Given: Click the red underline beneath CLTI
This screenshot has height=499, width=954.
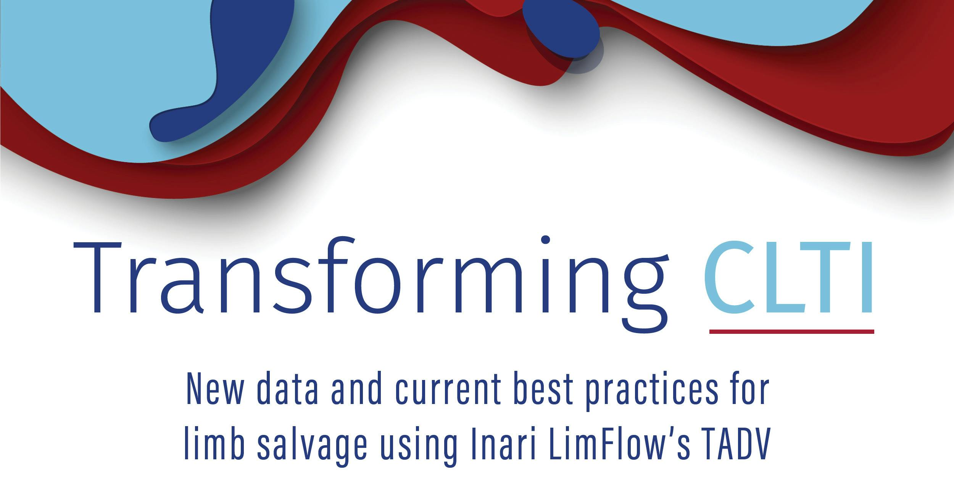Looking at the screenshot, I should [791, 332].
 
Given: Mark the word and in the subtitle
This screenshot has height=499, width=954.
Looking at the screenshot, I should [357, 390].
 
